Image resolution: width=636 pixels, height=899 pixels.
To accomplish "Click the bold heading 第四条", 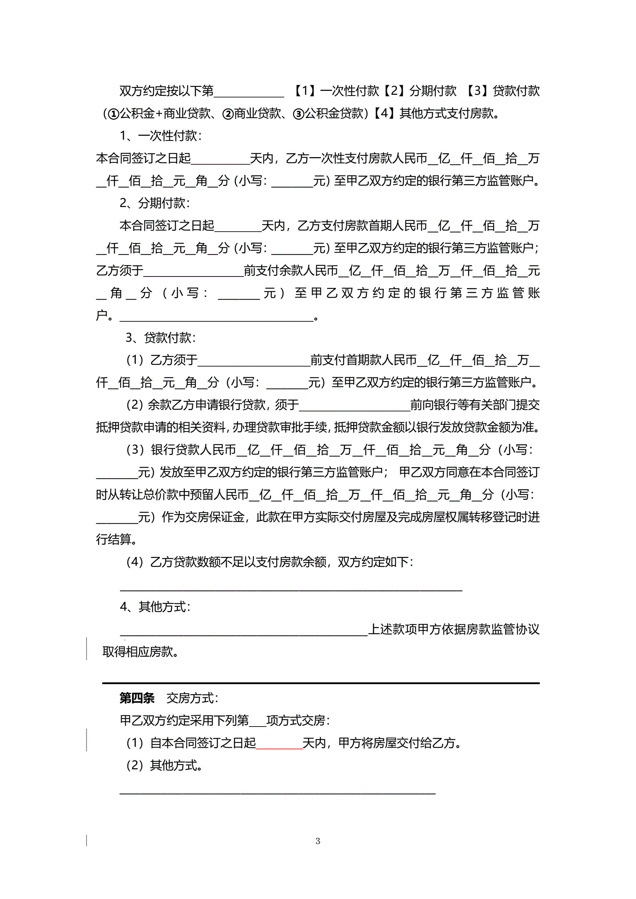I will click(137, 698).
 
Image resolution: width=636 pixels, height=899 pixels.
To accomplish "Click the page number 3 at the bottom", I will click(317, 841).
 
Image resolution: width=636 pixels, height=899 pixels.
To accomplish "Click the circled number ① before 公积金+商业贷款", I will click(114, 114).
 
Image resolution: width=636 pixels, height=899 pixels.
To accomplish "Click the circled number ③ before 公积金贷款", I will click(299, 114).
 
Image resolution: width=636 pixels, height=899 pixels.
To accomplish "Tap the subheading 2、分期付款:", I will click(155, 203).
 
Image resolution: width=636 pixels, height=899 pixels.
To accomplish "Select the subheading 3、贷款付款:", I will click(161, 337).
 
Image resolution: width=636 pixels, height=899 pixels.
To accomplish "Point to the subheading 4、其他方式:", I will click(155, 606).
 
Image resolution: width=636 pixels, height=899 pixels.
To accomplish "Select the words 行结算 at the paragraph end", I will click(114, 539).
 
